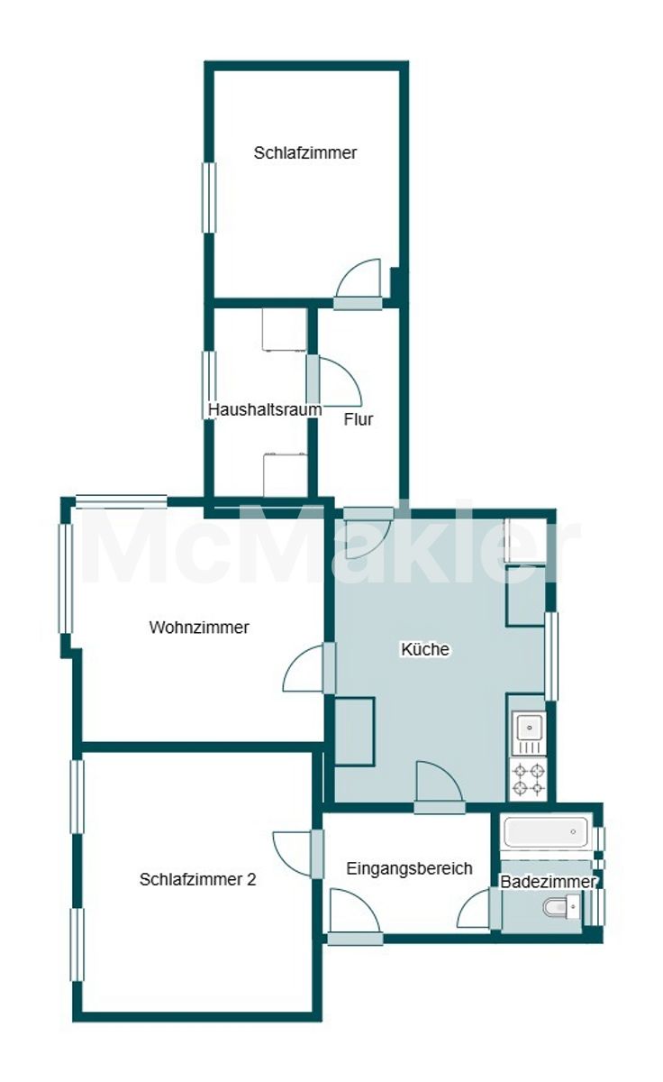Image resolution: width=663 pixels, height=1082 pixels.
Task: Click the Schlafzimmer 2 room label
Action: tap(198, 879)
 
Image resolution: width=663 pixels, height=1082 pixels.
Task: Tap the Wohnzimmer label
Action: tap(199, 628)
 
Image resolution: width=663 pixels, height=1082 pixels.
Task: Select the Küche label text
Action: tap(425, 649)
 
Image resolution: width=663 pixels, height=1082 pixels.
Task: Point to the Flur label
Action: tap(359, 419)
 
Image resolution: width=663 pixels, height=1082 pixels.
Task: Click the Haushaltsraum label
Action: tap(265, 409)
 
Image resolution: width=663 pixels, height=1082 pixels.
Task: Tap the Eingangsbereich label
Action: tap(409, 868)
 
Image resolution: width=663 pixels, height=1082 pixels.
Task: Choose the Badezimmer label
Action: tap(548, 882)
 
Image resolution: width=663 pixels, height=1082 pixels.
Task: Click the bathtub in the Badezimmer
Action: tap(546, 831)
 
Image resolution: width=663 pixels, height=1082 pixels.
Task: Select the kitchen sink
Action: tap(529, 733)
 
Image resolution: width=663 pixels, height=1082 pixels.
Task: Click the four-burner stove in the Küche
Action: tap(529, 780)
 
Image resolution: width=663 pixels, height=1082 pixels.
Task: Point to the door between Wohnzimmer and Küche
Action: tap(310, 668)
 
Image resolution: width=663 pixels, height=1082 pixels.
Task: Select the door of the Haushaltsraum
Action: tap(334, 381)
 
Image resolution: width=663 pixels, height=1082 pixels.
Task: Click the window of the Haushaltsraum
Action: tap(209, 385)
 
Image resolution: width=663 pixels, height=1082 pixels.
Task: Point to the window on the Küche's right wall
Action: tap(551, 656)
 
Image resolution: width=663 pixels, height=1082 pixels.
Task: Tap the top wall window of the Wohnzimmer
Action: tap(122, 501)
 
